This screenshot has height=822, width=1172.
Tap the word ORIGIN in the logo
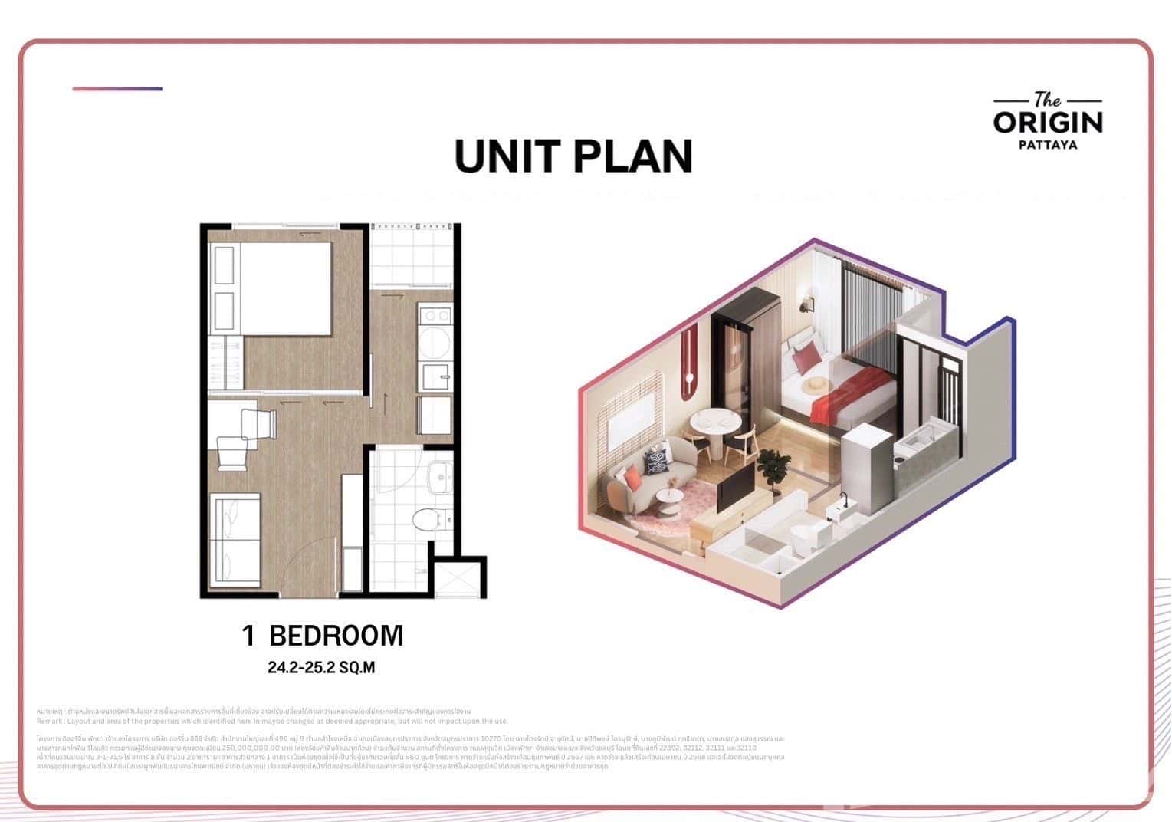[x=1047, y=123]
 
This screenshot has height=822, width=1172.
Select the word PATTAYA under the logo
[x=1047, y=144]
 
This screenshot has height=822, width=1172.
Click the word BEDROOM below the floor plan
[x=336, y=636]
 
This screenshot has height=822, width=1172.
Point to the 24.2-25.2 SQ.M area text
[x=321, y=667]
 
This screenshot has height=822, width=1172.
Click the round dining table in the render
[x=716, y=423]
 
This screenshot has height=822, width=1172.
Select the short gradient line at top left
[x=117, y=89]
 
